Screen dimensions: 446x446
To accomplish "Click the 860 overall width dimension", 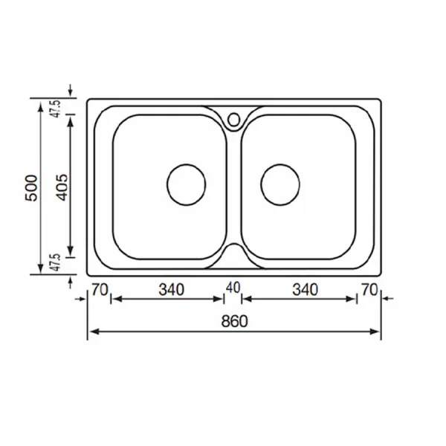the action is (234, 321).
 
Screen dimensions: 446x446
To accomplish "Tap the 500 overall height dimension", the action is (31, 188).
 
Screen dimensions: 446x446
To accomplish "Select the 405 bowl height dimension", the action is (62, 187).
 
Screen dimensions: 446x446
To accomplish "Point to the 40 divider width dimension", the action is (233, 288).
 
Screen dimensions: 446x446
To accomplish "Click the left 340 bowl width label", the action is (172, 290).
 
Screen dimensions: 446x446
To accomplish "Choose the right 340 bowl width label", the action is (306, 290).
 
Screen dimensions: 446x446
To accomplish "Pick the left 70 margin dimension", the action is (100, 290).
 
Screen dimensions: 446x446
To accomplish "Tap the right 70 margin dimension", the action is (369, 290).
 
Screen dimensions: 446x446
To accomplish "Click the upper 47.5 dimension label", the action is (56, 109).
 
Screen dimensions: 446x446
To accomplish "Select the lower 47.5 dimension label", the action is (56, 262).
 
